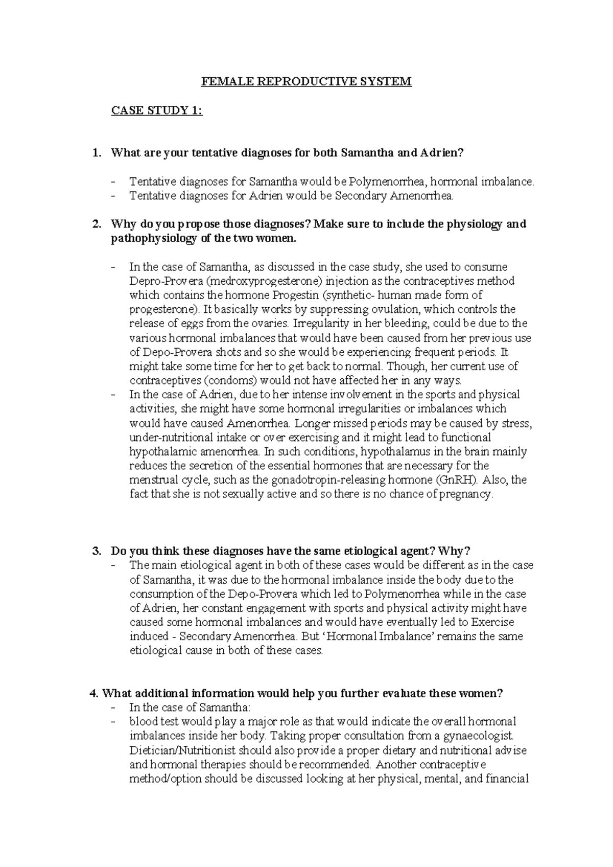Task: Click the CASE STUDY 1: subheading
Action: tap(157, 110)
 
